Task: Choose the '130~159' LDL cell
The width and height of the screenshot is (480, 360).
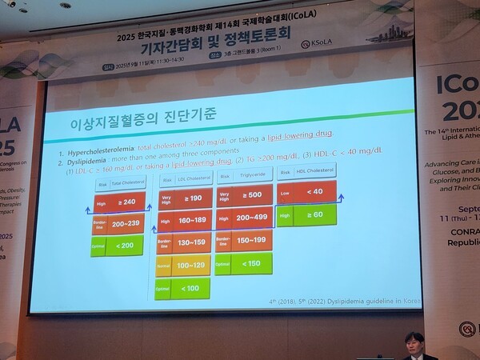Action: [x=190, y=242]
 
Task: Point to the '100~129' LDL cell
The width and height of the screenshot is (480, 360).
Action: [x=190, y=263]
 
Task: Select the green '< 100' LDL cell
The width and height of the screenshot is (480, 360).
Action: [x=190, y=286]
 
